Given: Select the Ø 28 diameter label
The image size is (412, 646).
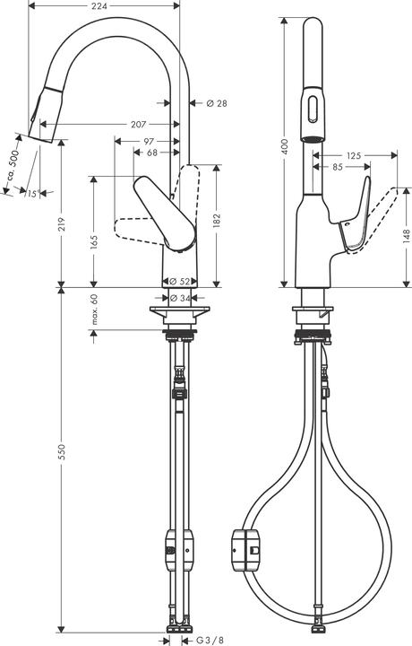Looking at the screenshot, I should [216, 104].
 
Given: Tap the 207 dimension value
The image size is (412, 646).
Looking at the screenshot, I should [138, 122].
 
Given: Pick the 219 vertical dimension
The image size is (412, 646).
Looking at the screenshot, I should [61, 228].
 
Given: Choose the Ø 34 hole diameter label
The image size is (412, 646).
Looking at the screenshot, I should [178, 298].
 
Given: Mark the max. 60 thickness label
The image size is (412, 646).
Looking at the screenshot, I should [93, 309].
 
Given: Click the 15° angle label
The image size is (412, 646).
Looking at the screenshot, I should [31, 193].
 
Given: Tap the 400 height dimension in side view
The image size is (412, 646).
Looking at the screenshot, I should [285, 146].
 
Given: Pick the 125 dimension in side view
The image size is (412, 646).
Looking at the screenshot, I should [354, 156].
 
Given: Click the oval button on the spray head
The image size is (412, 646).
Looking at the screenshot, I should [312, 108].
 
